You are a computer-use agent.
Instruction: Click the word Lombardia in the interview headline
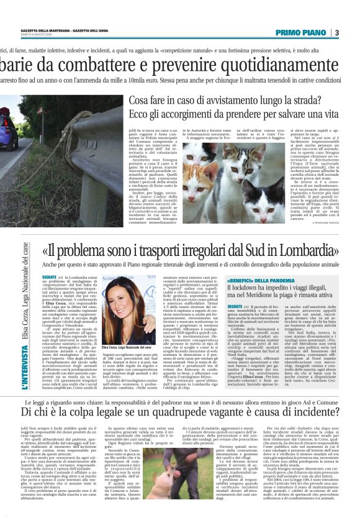tap(310, 251)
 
